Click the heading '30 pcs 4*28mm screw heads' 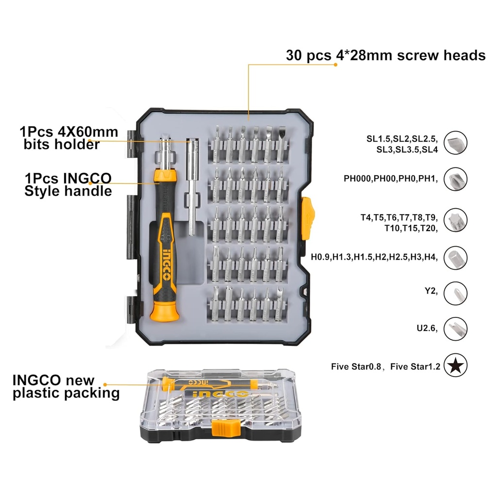385,55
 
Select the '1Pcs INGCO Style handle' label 68,184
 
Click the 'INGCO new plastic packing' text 66,386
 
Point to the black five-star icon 455,366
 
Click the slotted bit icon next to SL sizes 455,143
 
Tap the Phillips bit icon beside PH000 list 455,179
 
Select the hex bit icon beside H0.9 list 455,258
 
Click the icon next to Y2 455,293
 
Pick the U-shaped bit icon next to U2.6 455,329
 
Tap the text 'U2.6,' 427,329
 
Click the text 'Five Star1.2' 415,367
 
